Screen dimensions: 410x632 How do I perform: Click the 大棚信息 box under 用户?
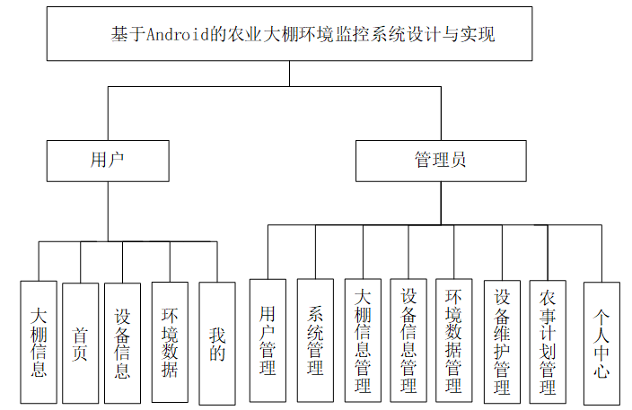[39, 342]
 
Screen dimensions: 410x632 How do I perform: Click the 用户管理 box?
[268, 340]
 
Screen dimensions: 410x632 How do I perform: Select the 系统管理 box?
[315, 340]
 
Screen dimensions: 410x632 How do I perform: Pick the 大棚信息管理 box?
[363, 340]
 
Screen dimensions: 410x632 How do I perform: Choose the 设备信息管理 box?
[408, 340]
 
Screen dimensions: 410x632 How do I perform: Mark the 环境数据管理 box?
[453, 340]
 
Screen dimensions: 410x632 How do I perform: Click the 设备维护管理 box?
[502, 340]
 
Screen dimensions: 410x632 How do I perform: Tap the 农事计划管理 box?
[548, 340]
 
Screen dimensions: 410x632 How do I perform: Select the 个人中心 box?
[601, 342]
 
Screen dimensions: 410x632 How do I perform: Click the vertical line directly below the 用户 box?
[108, 211]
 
